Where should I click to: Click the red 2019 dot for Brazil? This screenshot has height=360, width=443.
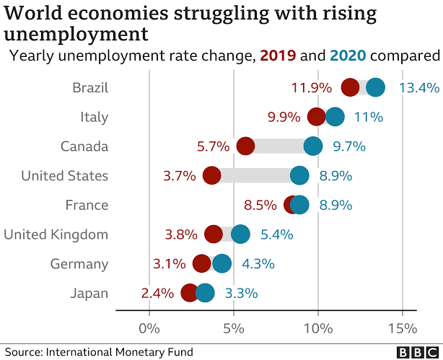(x=351, y=88)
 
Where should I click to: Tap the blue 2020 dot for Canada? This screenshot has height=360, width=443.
(x=313, y=146)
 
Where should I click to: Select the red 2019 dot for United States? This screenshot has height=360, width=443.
(x=211, y=175)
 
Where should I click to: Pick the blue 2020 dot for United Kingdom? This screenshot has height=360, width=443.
(x=240, y=234)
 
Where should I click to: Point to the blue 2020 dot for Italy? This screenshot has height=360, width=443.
(x=335, y=117)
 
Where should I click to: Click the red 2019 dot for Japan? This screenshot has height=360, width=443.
(x=190, y=293)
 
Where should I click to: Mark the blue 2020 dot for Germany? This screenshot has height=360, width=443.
(x=221, y=263)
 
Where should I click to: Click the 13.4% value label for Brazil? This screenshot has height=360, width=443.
(x=418, y=88)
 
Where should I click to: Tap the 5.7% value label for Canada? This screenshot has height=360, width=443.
(x=213, y=146)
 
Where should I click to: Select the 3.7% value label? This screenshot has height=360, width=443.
(x=179, y=175)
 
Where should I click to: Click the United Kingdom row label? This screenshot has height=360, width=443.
(x=56, y=234)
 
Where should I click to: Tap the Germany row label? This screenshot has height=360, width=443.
(x=79, y=263)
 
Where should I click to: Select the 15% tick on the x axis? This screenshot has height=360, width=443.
(x=402, y=329)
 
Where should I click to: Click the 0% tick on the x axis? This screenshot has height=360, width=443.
(x=149, y=329)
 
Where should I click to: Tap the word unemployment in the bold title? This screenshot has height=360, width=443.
(x=76, y=34)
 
